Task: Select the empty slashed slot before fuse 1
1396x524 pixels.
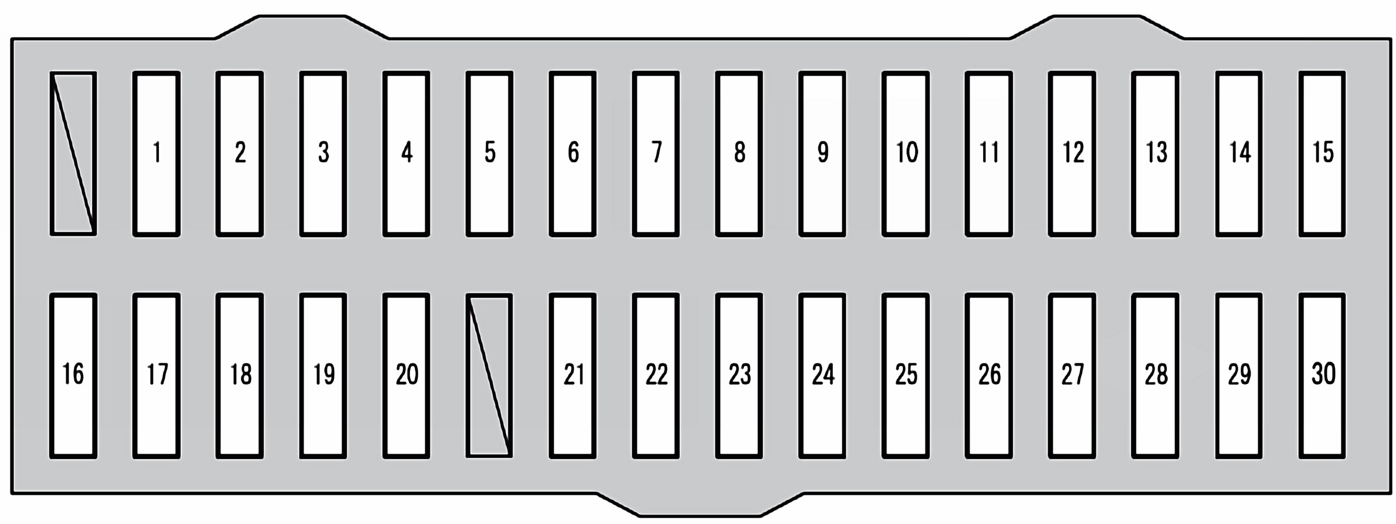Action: (73, 154)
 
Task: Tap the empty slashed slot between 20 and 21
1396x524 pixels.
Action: (489, 376)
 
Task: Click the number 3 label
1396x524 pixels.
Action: (323, 153)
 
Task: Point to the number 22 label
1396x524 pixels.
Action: (657, 374)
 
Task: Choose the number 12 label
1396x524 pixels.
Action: (1073, 153)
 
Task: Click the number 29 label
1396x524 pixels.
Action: (1239, 374)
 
